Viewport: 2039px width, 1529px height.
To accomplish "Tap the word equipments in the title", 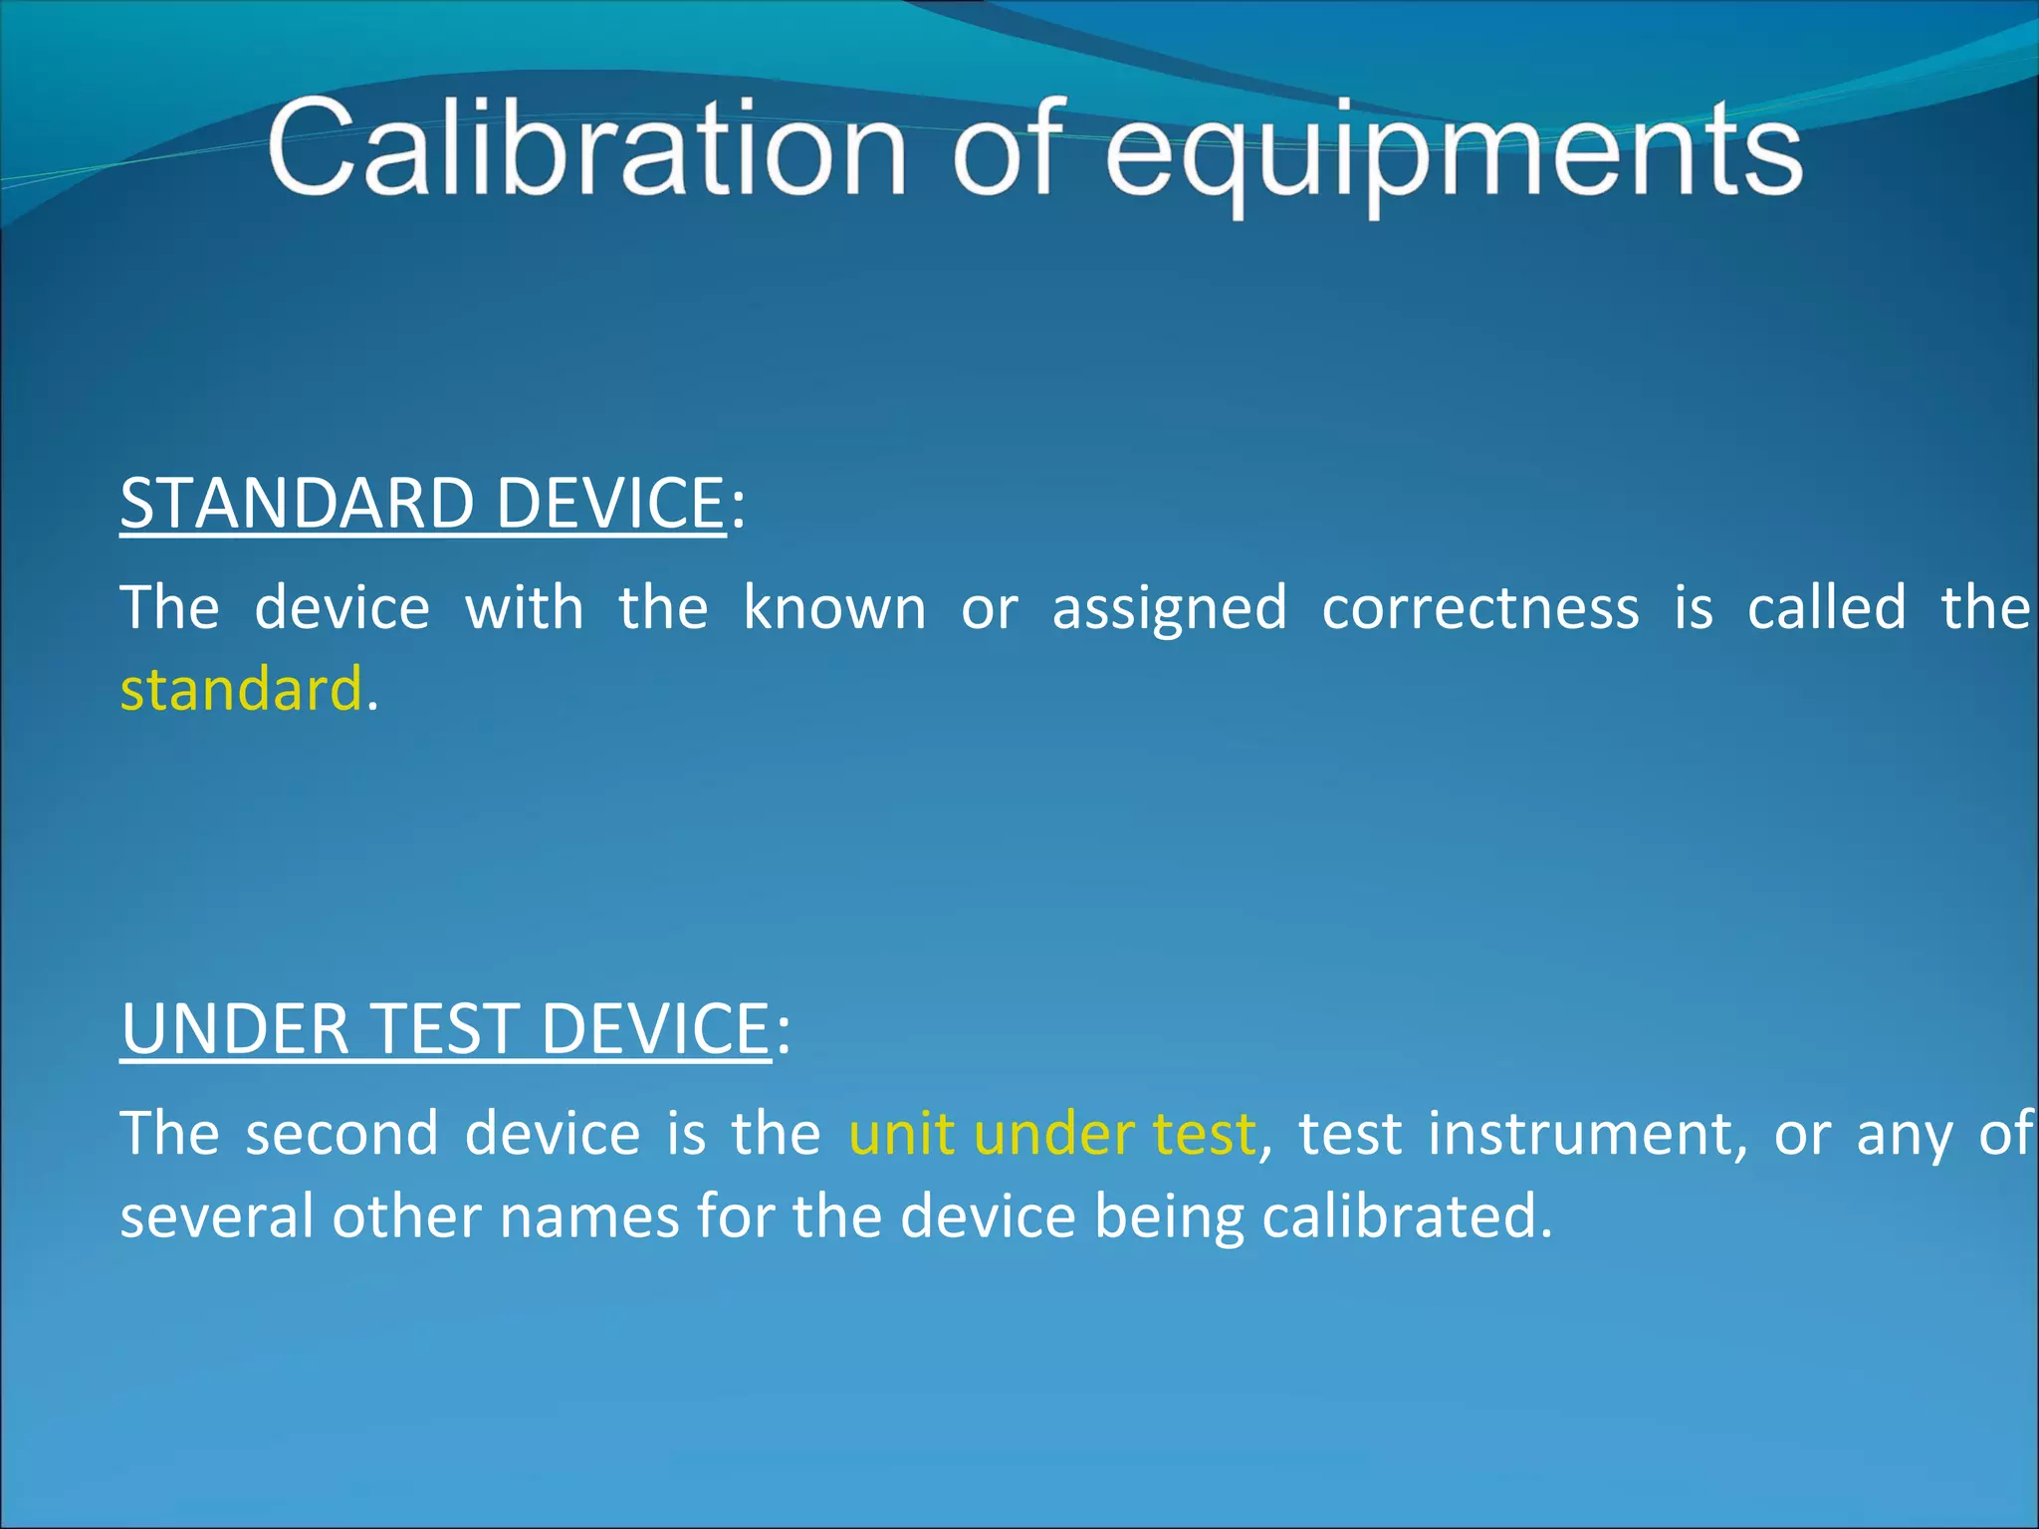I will click(1454, 154).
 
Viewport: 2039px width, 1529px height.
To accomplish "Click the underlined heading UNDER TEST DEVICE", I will click(445, 1028).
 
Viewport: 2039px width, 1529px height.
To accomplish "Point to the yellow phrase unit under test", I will click(1051, 1134).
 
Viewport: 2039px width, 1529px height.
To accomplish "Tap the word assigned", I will click(1169, 609).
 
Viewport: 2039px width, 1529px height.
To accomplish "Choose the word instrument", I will click(1587, 1134).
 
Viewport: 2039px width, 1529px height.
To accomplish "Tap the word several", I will click(217, 1216).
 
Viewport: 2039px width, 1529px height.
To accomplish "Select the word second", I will click(341, 1134).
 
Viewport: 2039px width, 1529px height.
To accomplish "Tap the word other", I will click(406, 1216).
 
